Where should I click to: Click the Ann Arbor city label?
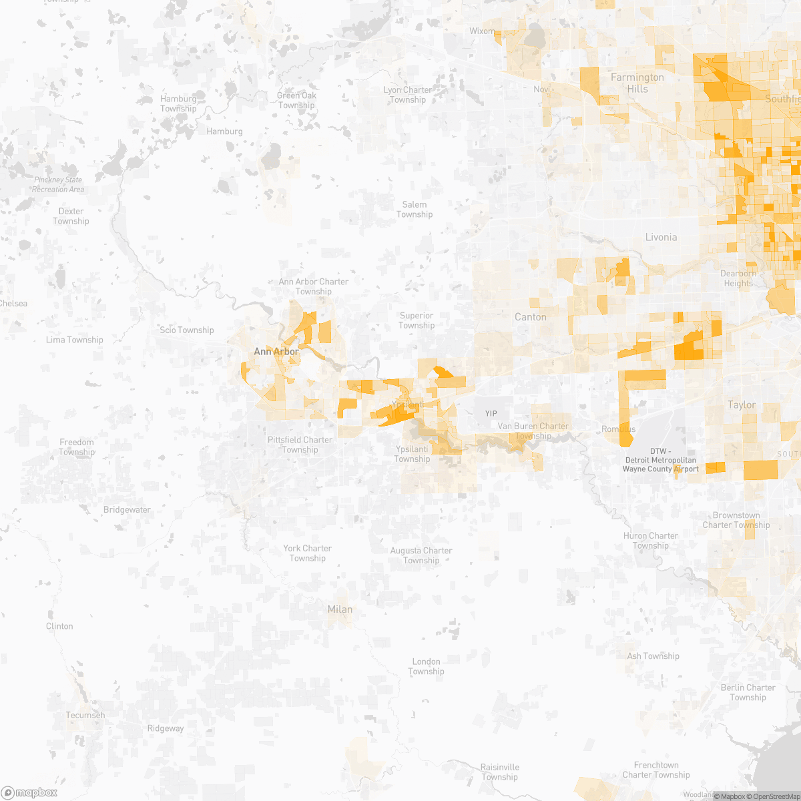click(x=276, y=351)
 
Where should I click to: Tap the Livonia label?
click(x=661, y=237)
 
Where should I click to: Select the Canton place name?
click(x=531, y=317)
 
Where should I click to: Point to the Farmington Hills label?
click(x=637, y=83)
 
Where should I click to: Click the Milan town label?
click(x=340, y=609)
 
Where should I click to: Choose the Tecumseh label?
click(x=85, y=715)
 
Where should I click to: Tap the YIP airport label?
click(x=491, y=414)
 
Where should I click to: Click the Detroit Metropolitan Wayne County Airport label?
click(x=660, y=460)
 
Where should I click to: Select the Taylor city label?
click(x=742, y=405)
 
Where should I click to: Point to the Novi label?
click(x=542, y=89)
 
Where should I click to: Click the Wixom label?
click(x=482, y=31)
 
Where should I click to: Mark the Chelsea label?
click(x=13, y=304)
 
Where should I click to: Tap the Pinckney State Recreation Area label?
click(x=59, y=185)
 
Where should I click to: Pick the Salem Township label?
click(x=415, y=210)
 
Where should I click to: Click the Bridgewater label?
click(x=127, y=510)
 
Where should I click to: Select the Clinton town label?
click(x=59, y=626)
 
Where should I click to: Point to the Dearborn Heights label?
click(x=738, y=278)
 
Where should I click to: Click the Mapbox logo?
click(x=29, y=792)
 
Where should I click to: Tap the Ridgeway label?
click(x=166, y=728)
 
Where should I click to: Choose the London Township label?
click(x=426, y=666)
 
